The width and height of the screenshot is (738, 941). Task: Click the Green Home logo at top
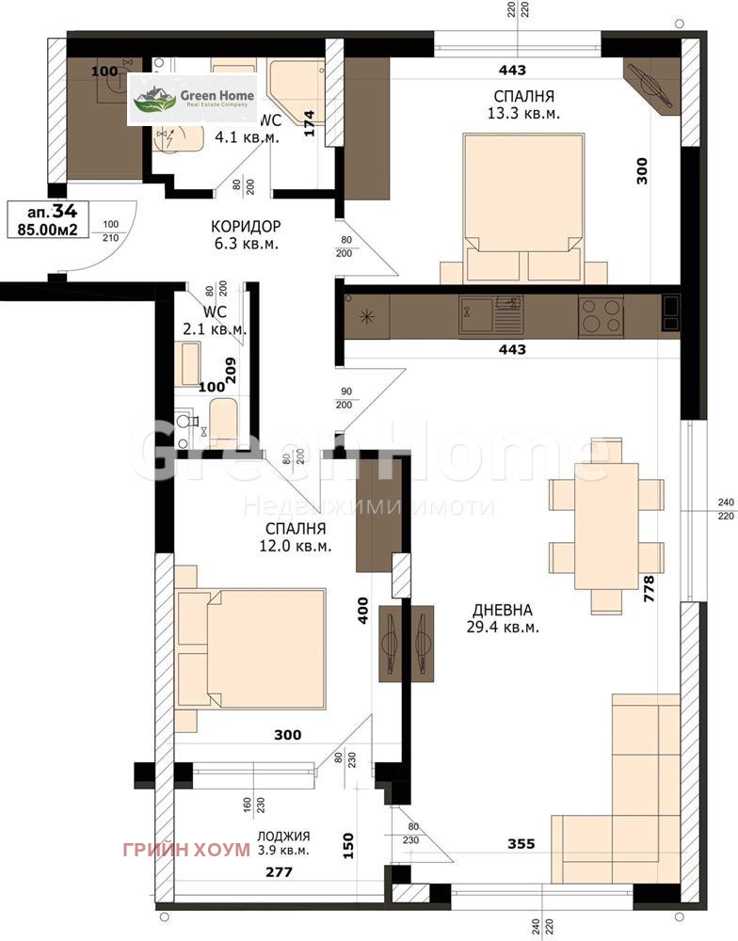[194, 99]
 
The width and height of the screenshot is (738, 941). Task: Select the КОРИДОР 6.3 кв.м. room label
[246, 235]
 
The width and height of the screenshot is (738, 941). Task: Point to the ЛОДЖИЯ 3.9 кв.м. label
[283, 843]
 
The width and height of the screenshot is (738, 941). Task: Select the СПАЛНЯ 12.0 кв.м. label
[297, 537]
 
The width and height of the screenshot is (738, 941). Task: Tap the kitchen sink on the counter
[490, 313]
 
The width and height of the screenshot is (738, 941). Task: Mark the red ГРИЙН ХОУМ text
[186, 849]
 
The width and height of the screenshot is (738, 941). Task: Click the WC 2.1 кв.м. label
[214, 321]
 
